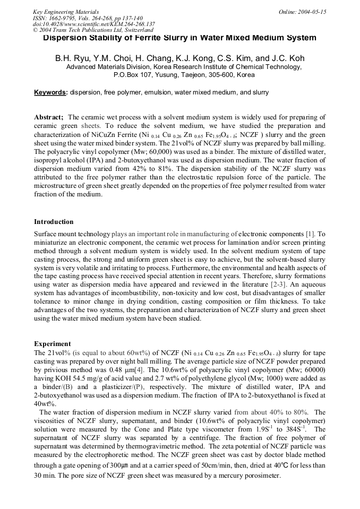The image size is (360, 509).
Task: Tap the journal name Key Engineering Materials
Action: [x=67, y=11]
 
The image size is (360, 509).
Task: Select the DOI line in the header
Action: [x=94, y=24]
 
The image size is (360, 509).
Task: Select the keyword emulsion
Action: [x=154, y=92]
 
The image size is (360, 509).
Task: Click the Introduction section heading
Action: [x=54, y=221]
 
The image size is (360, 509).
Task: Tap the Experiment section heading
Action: [x=52, y=343]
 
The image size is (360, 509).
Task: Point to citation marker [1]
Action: [x=311, y=234]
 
